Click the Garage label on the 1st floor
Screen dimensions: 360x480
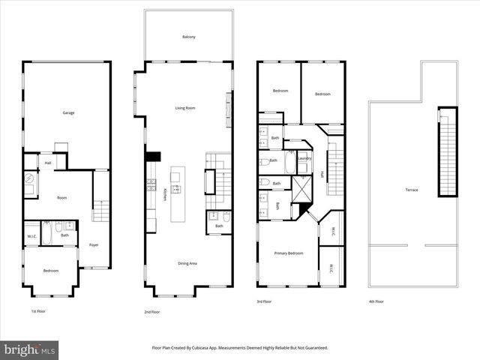tap(68, 113)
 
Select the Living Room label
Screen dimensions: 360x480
tap(185, 108)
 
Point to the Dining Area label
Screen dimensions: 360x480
tap(187, 263)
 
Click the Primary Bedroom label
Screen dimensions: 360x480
tap(289, 253)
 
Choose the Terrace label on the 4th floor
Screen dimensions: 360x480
tap(412, 190)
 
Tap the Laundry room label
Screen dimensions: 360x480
tap(304, 158)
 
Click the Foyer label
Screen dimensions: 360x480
tap(94, 244)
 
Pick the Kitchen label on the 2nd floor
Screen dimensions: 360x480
tap(164, 193)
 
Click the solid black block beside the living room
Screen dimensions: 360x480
tap(154, 157)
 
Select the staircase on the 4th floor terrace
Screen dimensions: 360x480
tap(448, 151)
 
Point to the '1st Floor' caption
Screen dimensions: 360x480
tap(38, 310)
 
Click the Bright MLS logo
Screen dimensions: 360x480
tap(30, 349)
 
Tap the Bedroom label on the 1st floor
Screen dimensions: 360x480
tap(51, 270)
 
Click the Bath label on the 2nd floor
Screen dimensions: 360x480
tap(219, 226)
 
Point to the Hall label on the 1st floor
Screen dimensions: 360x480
tap(48, 162)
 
